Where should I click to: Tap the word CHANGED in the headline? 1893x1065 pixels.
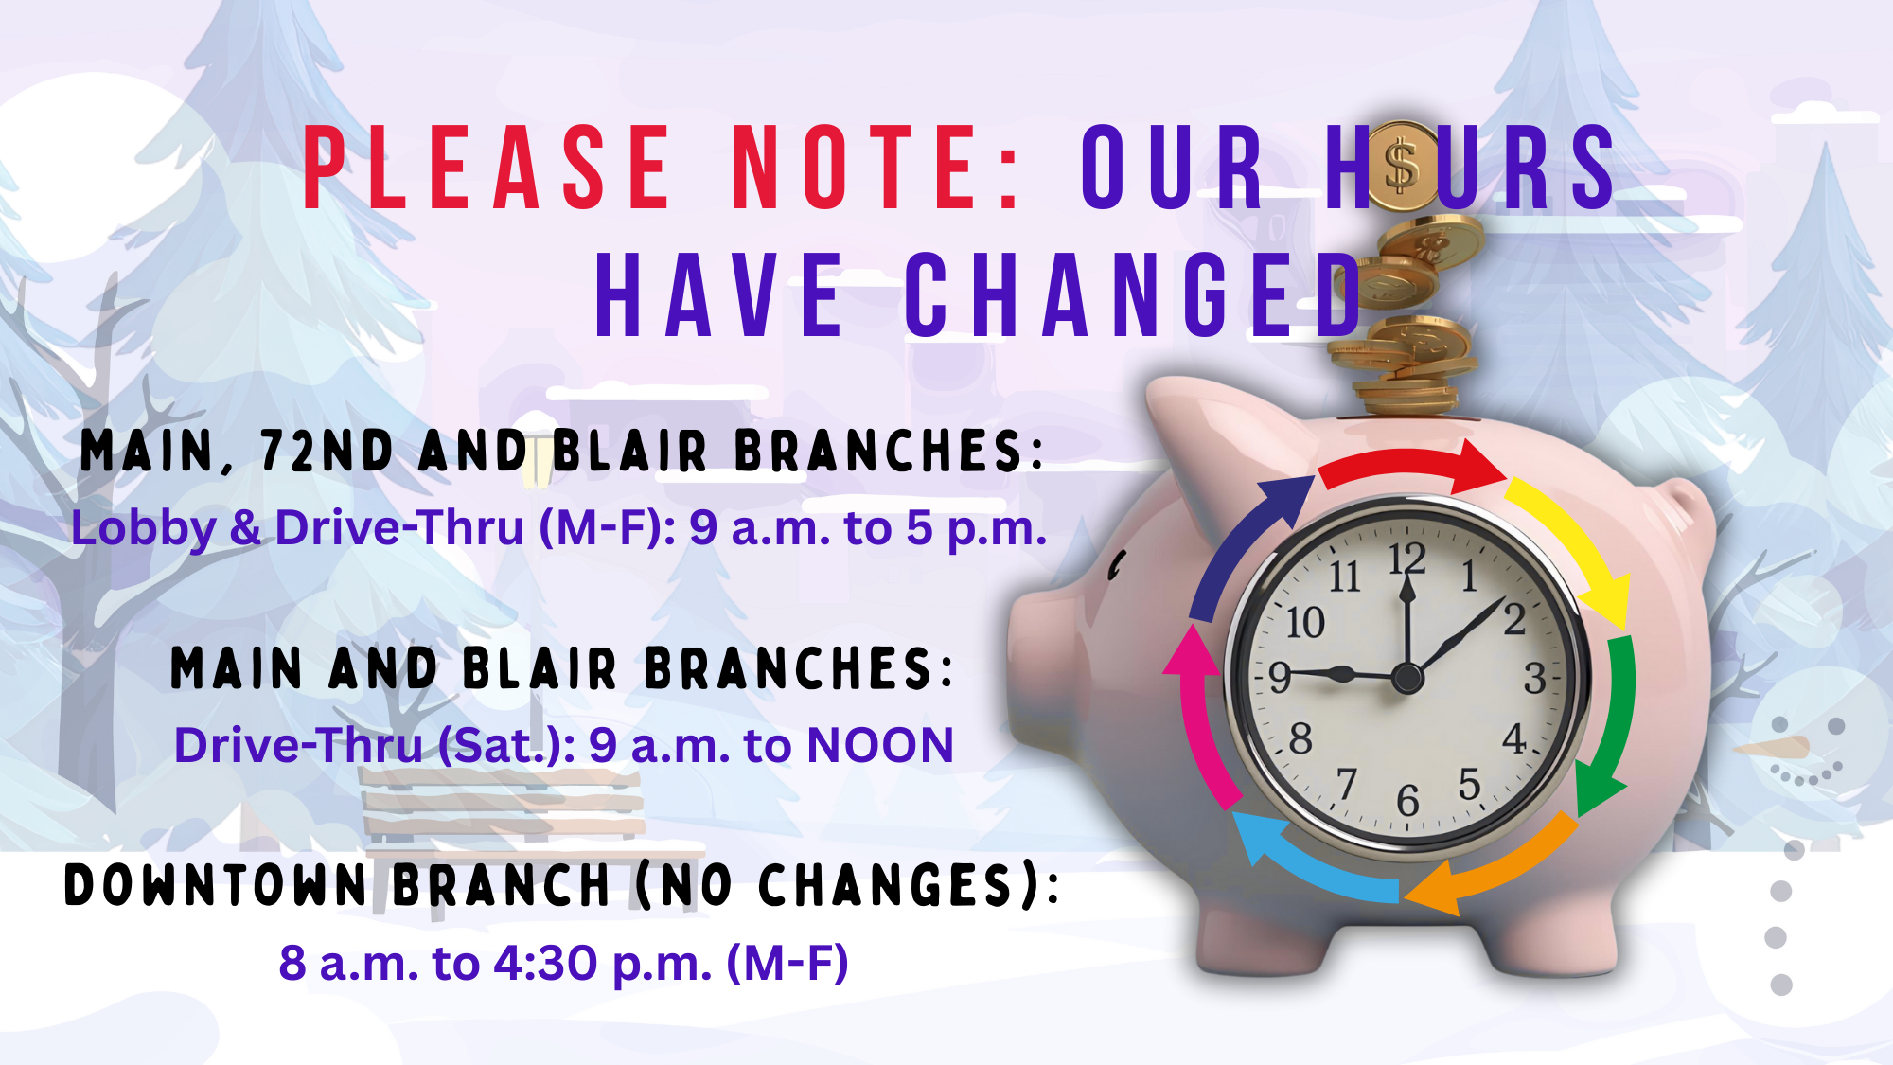[x=1134, y=294]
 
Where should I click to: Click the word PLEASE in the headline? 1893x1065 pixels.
[x=487, y=168]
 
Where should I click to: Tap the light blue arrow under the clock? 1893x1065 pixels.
[x=1311, y=861]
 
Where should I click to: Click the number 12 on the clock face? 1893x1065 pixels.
[x=1407, y=558]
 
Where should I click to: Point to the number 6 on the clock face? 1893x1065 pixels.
[x=1408, y=801]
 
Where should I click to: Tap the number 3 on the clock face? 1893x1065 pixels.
[x=1534, y=678]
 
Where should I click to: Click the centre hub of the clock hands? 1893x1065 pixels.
[x=1407, y=678]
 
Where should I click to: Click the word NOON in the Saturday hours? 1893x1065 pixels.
[x=880, y=745]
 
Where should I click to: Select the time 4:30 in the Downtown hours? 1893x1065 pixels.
[x=546, y=963]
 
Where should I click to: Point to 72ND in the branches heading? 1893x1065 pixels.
[x=327, y=451]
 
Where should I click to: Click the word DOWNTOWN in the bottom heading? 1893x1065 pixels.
[x=216, y=886]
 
